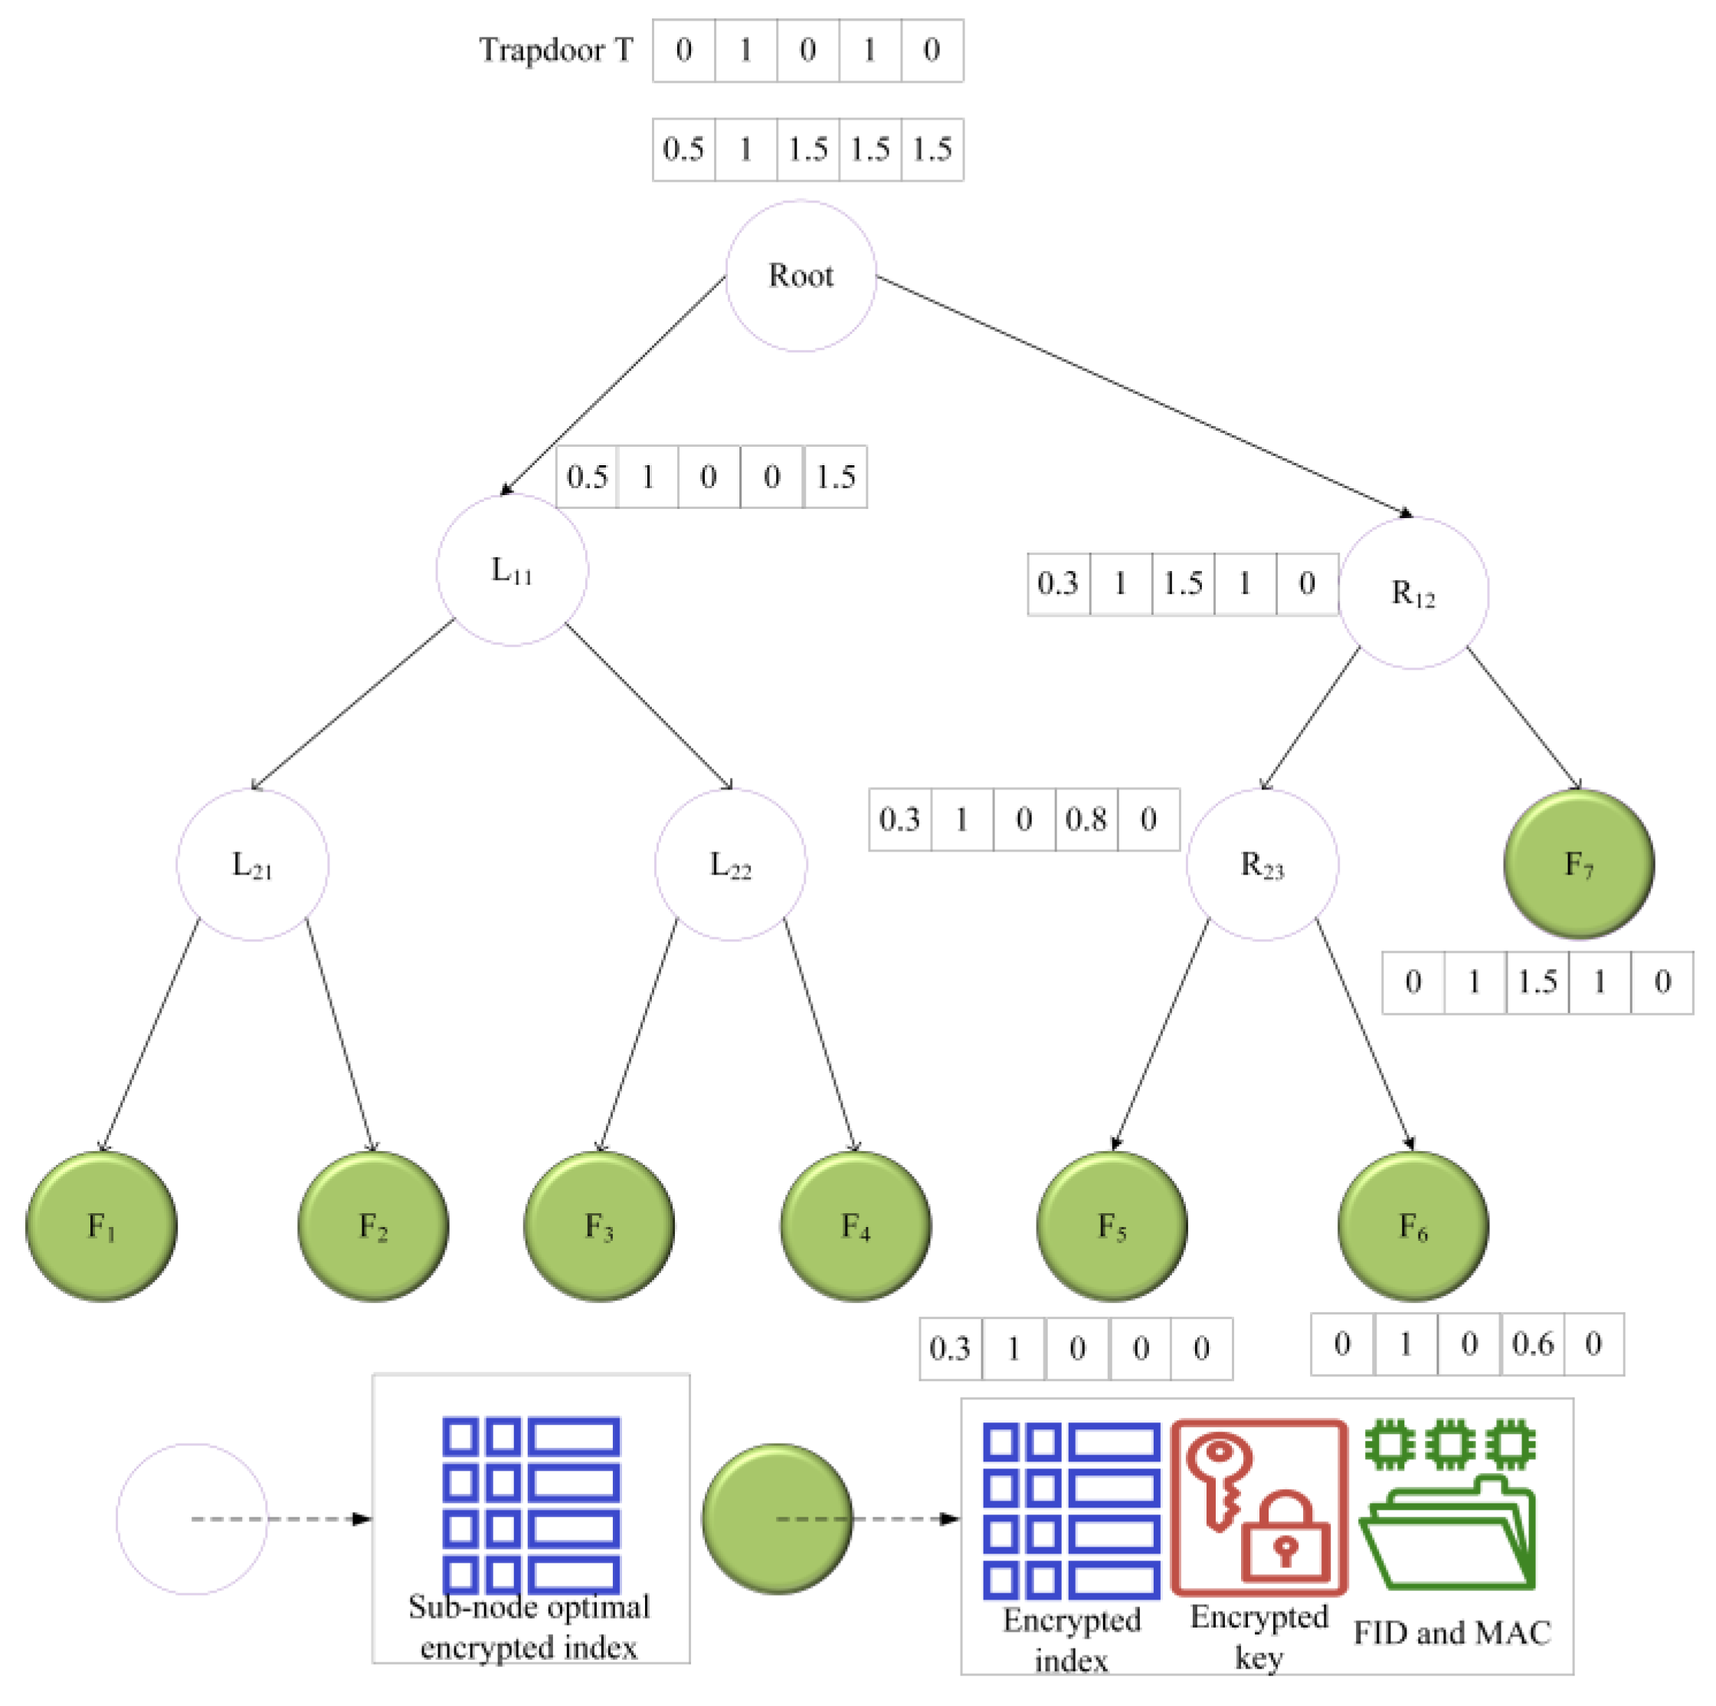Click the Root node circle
[x=801, y=275]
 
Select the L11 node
[x=512, y=569]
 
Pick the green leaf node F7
[x=1578, y=864]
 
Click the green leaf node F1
[x=101, y=1226]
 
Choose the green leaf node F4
[x=856, y=1226]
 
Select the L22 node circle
[x=730, y=864]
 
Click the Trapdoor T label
[x=556, y=50]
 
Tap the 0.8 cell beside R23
[x=1086, y=819]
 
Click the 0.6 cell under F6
[x=1532, y=1344]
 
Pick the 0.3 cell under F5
[x=949, y=1349]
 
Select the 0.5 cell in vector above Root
[x=683, y=149]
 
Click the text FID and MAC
[x=1451, y=1632]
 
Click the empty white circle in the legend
[x=192, y=1518]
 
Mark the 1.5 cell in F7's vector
[x=1537, y=982]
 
